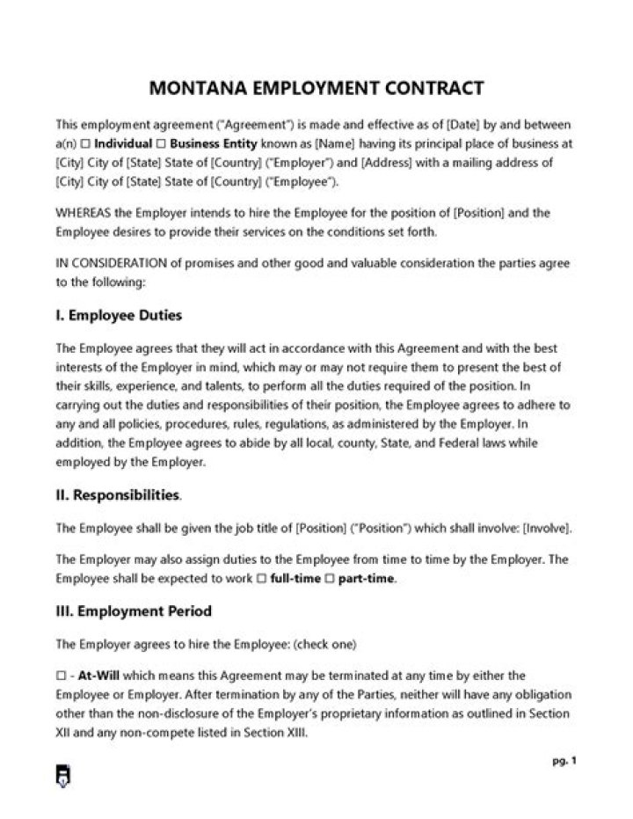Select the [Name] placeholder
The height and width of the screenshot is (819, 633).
(x=334, y=143)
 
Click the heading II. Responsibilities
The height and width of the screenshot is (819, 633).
(x=118, y=495)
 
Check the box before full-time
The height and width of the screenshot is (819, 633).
(x=261, y=579)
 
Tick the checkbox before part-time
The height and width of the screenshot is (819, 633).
(x=331, y=579)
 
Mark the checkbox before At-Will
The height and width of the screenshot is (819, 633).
(x=60, y=676)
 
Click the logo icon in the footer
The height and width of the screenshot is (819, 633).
(x=63, y=775)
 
